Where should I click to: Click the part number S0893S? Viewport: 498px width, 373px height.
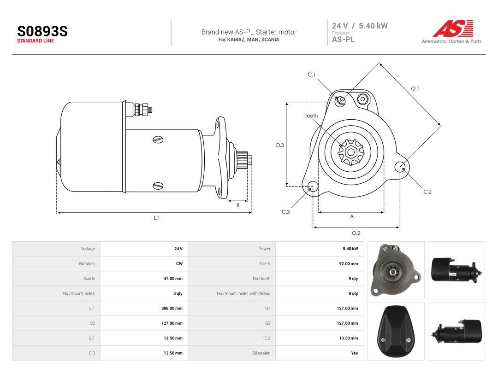pos(42,31)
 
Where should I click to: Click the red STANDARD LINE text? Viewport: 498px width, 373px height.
pos(36,41)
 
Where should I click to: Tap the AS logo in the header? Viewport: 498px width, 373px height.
pos(453,28)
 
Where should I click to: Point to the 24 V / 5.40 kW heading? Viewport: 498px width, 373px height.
pos(360,26)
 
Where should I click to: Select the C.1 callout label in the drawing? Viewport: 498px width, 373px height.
pos(311,75)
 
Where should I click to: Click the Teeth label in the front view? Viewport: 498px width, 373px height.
pos(311,116)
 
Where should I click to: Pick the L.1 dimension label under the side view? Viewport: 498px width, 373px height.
pos(157,218)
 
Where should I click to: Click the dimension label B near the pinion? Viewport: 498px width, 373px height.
pos(238,205)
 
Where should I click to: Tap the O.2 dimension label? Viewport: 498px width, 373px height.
pos(356,233)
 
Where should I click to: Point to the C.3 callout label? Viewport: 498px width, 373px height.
pos(286,212)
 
